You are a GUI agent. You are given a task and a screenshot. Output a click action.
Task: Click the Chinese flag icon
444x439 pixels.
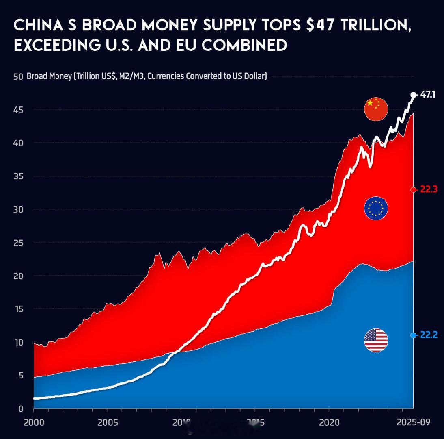coord(376,109)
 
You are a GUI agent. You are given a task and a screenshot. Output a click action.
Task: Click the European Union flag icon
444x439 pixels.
coord(376,209)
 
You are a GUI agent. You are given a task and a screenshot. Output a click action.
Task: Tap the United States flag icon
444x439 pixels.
coord(376,340)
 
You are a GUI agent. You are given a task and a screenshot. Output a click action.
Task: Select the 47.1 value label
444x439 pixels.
coord(428,95)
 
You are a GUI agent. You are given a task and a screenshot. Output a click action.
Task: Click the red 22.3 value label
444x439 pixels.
coord(428,189)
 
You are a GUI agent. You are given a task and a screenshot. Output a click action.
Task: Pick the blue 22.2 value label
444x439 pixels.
coord(428,335)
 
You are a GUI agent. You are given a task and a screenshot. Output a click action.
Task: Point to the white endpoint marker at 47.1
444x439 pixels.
coord(413,95)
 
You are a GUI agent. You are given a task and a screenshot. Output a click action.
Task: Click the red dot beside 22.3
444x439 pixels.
coord(413,190)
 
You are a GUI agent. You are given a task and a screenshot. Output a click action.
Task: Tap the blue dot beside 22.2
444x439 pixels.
coord(413,335)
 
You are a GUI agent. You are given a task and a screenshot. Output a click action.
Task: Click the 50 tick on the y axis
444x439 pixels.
coord(17,77)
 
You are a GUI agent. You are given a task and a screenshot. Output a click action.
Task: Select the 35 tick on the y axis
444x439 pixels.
coord(17,176)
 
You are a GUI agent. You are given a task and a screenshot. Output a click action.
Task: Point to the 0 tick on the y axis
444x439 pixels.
coord(20,409)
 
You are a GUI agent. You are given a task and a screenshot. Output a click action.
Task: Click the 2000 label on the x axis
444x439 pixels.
coord(34,422)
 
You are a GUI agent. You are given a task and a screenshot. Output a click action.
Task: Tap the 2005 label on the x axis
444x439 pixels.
coord(108,422)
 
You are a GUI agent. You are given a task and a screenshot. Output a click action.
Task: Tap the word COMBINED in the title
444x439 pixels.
coord(244,45)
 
